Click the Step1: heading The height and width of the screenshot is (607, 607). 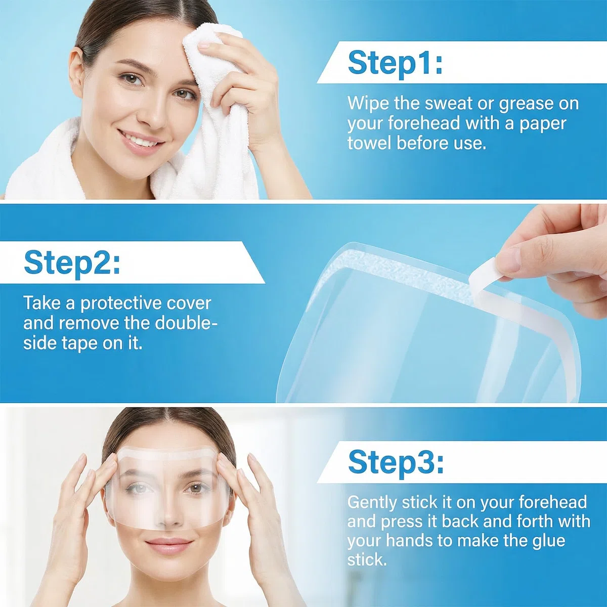(395, 64)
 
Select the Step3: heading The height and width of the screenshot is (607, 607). (396, 463)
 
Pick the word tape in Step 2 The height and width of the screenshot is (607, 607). (80, 343)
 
